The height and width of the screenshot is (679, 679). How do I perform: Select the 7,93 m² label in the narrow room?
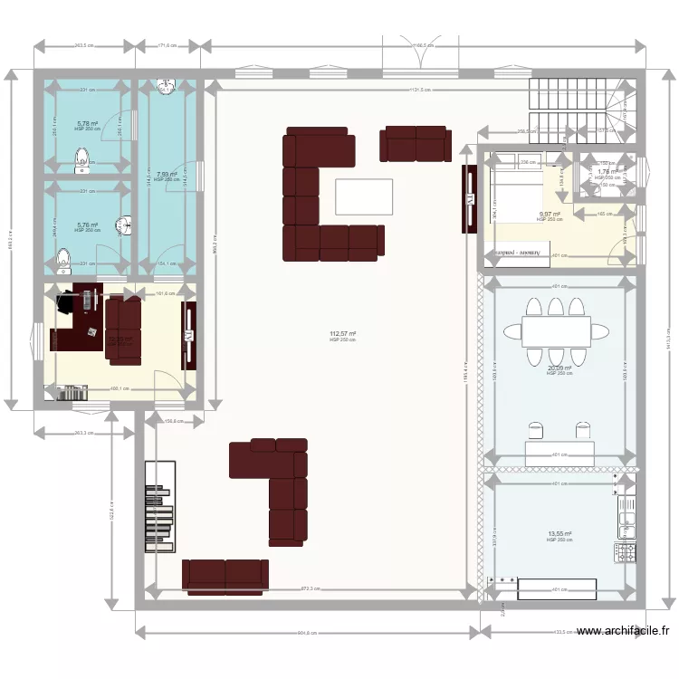pyautogui.click(x=165, y=175)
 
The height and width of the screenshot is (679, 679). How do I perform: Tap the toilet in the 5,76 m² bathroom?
pyautogui.click(x=63, y=262)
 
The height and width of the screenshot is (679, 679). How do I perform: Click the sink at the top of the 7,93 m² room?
pyautogui.click(x=166, y=87)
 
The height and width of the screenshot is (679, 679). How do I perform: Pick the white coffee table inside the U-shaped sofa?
pyautogui.click(x=364, y=196)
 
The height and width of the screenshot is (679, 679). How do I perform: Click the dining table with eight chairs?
pyautogui.click(x=556, y=329)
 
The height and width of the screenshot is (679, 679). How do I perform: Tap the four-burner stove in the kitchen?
pyautogui.click(x=625, y=550)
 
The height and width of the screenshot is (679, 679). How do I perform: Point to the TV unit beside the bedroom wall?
pyautogui.click(x=470, y=197)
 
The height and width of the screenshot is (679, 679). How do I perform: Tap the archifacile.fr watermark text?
pyautogui.click(x=625, y=631)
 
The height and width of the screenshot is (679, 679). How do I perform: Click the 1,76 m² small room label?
pyautogui.click(x=607, y=172)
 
